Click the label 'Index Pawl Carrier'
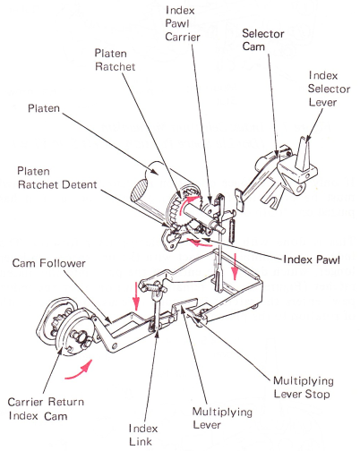coord(182,23)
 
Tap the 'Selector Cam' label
coord(262,40)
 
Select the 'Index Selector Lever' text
coord(329,89)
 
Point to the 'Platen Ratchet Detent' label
coord(57,178)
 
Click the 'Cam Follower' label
coord(49,263)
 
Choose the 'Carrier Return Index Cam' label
coord(46,409)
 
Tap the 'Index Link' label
coord(143,435)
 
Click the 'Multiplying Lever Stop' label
coord(304,387)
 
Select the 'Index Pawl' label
coord(312,260)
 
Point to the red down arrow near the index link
coord(136,295)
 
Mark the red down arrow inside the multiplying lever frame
coord(236,267)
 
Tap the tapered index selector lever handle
coord(304,153)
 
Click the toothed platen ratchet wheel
coord(178,208)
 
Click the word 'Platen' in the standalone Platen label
coord(44,108)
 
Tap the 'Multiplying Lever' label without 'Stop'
coord(222,418)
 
